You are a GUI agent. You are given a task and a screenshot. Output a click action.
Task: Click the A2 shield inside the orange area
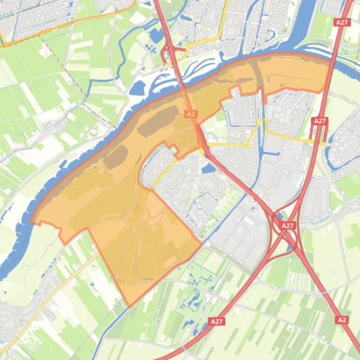191,114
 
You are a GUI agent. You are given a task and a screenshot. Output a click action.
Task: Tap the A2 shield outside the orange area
342,320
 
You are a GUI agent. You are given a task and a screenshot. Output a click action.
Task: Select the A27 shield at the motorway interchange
287,225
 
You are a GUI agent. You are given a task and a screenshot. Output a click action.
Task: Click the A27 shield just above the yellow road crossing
320,121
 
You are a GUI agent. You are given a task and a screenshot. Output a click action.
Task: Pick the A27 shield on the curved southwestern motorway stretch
216,321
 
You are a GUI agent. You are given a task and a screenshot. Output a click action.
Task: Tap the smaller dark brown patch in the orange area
115,156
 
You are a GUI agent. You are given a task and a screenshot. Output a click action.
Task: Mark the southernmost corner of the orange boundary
129,306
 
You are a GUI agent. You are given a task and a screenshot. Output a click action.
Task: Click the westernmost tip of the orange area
31,222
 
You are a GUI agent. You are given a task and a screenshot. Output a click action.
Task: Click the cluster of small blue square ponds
150,47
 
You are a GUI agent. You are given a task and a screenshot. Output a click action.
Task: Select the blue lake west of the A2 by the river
139,87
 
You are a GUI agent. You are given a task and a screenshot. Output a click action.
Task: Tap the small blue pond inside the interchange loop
279,216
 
